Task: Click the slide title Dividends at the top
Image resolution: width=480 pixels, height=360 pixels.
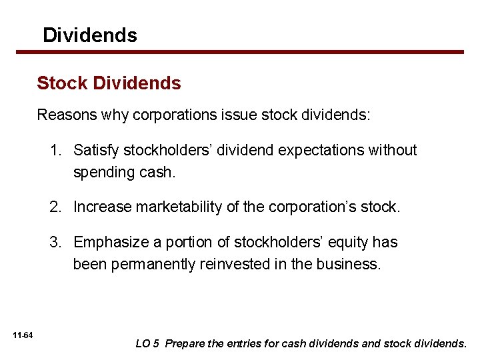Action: point(89,35)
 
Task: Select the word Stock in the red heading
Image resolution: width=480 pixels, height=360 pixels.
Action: point(63,83)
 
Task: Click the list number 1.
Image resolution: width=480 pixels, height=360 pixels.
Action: point(55,151)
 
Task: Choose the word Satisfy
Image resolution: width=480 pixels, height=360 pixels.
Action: point(95,151)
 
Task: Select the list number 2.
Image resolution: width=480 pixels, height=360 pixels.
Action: point(55,207)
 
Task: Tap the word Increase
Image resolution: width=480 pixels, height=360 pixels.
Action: point(102,207)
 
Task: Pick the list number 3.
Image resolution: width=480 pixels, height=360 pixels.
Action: point(55,243)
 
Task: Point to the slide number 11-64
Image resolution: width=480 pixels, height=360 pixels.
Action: point(27,334)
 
